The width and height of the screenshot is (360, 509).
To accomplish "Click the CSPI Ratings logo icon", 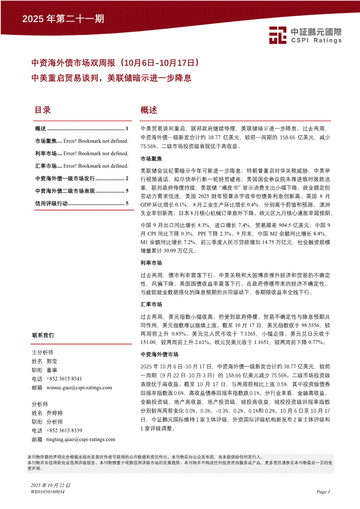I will point(277,35).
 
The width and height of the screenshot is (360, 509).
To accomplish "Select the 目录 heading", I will point(43,110).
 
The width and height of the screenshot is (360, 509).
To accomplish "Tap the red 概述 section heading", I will point(149,110).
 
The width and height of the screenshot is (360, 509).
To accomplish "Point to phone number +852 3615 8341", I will point(64,379).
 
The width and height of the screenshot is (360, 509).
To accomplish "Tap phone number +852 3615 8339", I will point(64,431).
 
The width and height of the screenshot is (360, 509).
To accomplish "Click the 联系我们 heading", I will point(43,335).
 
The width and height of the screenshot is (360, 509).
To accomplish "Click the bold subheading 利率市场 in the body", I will point(151,263).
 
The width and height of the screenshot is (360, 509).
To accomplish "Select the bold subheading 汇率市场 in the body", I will point(151,304).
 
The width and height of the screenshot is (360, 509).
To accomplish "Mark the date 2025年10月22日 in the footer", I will point(51,485).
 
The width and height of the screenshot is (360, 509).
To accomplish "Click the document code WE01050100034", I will point(48,492).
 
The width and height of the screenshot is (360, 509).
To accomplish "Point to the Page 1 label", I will point(323,492).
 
